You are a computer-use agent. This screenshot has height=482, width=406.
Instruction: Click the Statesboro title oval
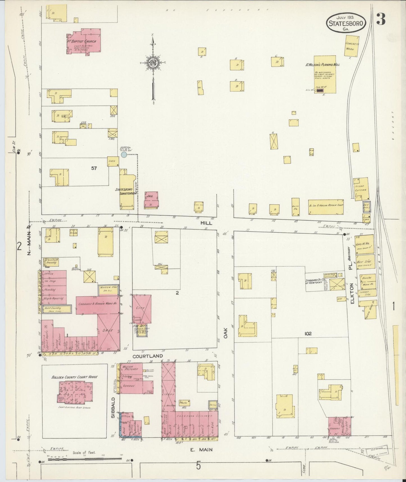(346, 23)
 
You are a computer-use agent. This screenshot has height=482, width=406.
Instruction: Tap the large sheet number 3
(381, 19)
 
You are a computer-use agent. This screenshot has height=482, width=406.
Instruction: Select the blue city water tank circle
(124, 155)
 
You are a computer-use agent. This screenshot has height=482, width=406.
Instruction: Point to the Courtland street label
(148, 356)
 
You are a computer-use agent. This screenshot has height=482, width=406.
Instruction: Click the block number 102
(308, 334)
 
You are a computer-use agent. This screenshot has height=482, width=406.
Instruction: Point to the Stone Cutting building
(361, 188)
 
